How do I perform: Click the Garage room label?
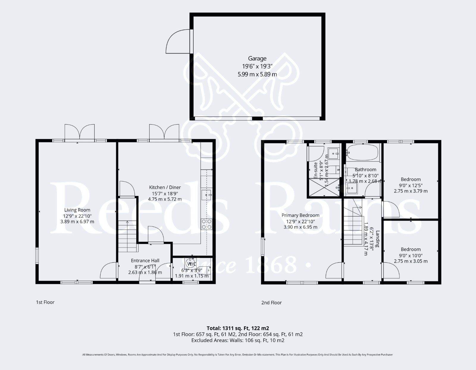pyautogui.click(x=257, y=59)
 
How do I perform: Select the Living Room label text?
pyautogui.click(x=77, y=210)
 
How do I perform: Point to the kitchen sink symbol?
pyautogui.click(x=206, y=195)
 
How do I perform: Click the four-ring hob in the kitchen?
pyautogui.click(x=206, y=224)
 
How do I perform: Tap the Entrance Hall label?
pyautogui.click(x=145, y=261)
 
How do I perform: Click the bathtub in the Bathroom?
pyautogui.click(x=363, y=153)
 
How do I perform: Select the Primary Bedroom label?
pyautogui.click(x=300, y=215)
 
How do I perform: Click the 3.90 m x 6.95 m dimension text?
pyautogui.click(x=300, y=227)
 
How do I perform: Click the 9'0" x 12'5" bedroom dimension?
pyautogui.click(x=411, y=185)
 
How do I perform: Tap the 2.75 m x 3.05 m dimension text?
pyautogui.click(x=411, y=261)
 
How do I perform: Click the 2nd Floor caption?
pyautogui.click(x=271, y=303)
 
